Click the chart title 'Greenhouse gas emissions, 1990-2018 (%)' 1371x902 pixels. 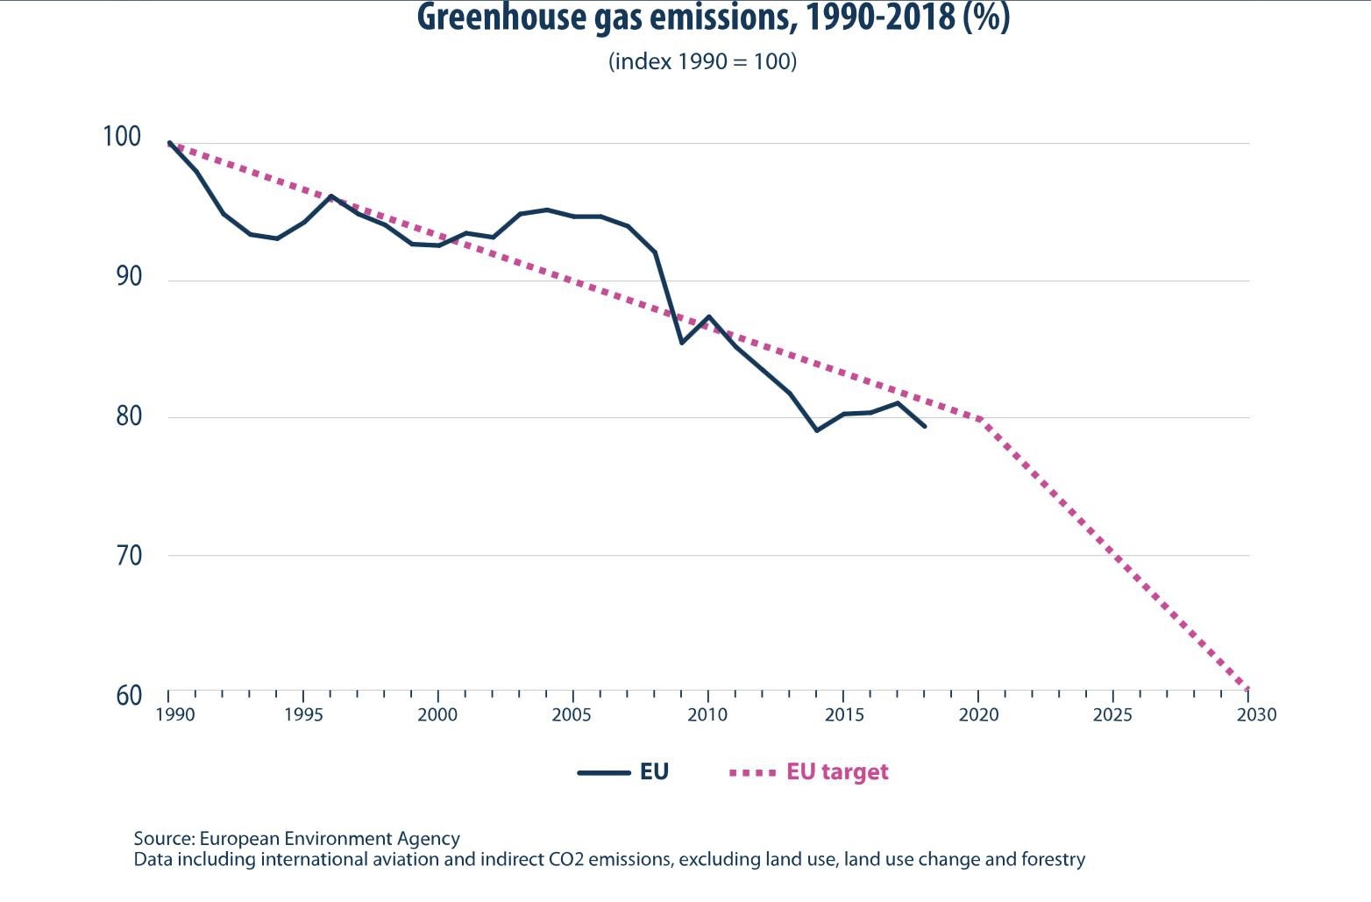(713, 18)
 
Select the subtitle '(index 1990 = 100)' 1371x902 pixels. (702, 61)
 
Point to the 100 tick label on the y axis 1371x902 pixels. (121, 137)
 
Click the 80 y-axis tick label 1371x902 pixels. (127, 415)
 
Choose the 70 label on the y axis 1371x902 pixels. (127, 556)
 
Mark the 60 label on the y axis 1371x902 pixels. (128, 695)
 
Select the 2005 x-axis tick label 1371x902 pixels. (572, 715)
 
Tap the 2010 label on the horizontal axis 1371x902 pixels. (707, 715)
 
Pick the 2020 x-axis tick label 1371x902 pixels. (977, 715)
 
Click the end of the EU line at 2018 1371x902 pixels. (925, 426)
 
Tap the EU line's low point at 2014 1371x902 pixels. (816, 430)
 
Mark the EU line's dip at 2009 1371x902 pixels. (682, 343)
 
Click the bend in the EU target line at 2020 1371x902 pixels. (980, 420)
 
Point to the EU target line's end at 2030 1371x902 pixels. (1247, 689)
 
